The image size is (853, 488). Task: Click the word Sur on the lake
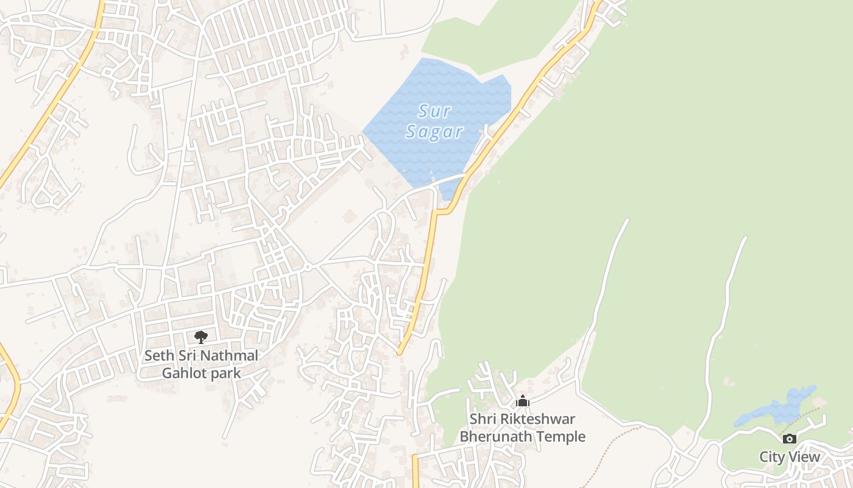(434, 111)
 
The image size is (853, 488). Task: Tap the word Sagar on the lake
(434, 131)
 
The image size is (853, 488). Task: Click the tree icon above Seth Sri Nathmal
(200, 337)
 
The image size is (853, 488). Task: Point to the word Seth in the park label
(157, 356)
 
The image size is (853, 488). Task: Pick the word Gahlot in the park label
(182, 373)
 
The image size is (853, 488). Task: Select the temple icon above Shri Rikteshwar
(522, 401)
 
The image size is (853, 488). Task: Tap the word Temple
(564, 437)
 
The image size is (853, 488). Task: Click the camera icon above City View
(789, 439)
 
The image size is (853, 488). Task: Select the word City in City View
(772, 457)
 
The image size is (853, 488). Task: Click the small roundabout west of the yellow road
(308, 267)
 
